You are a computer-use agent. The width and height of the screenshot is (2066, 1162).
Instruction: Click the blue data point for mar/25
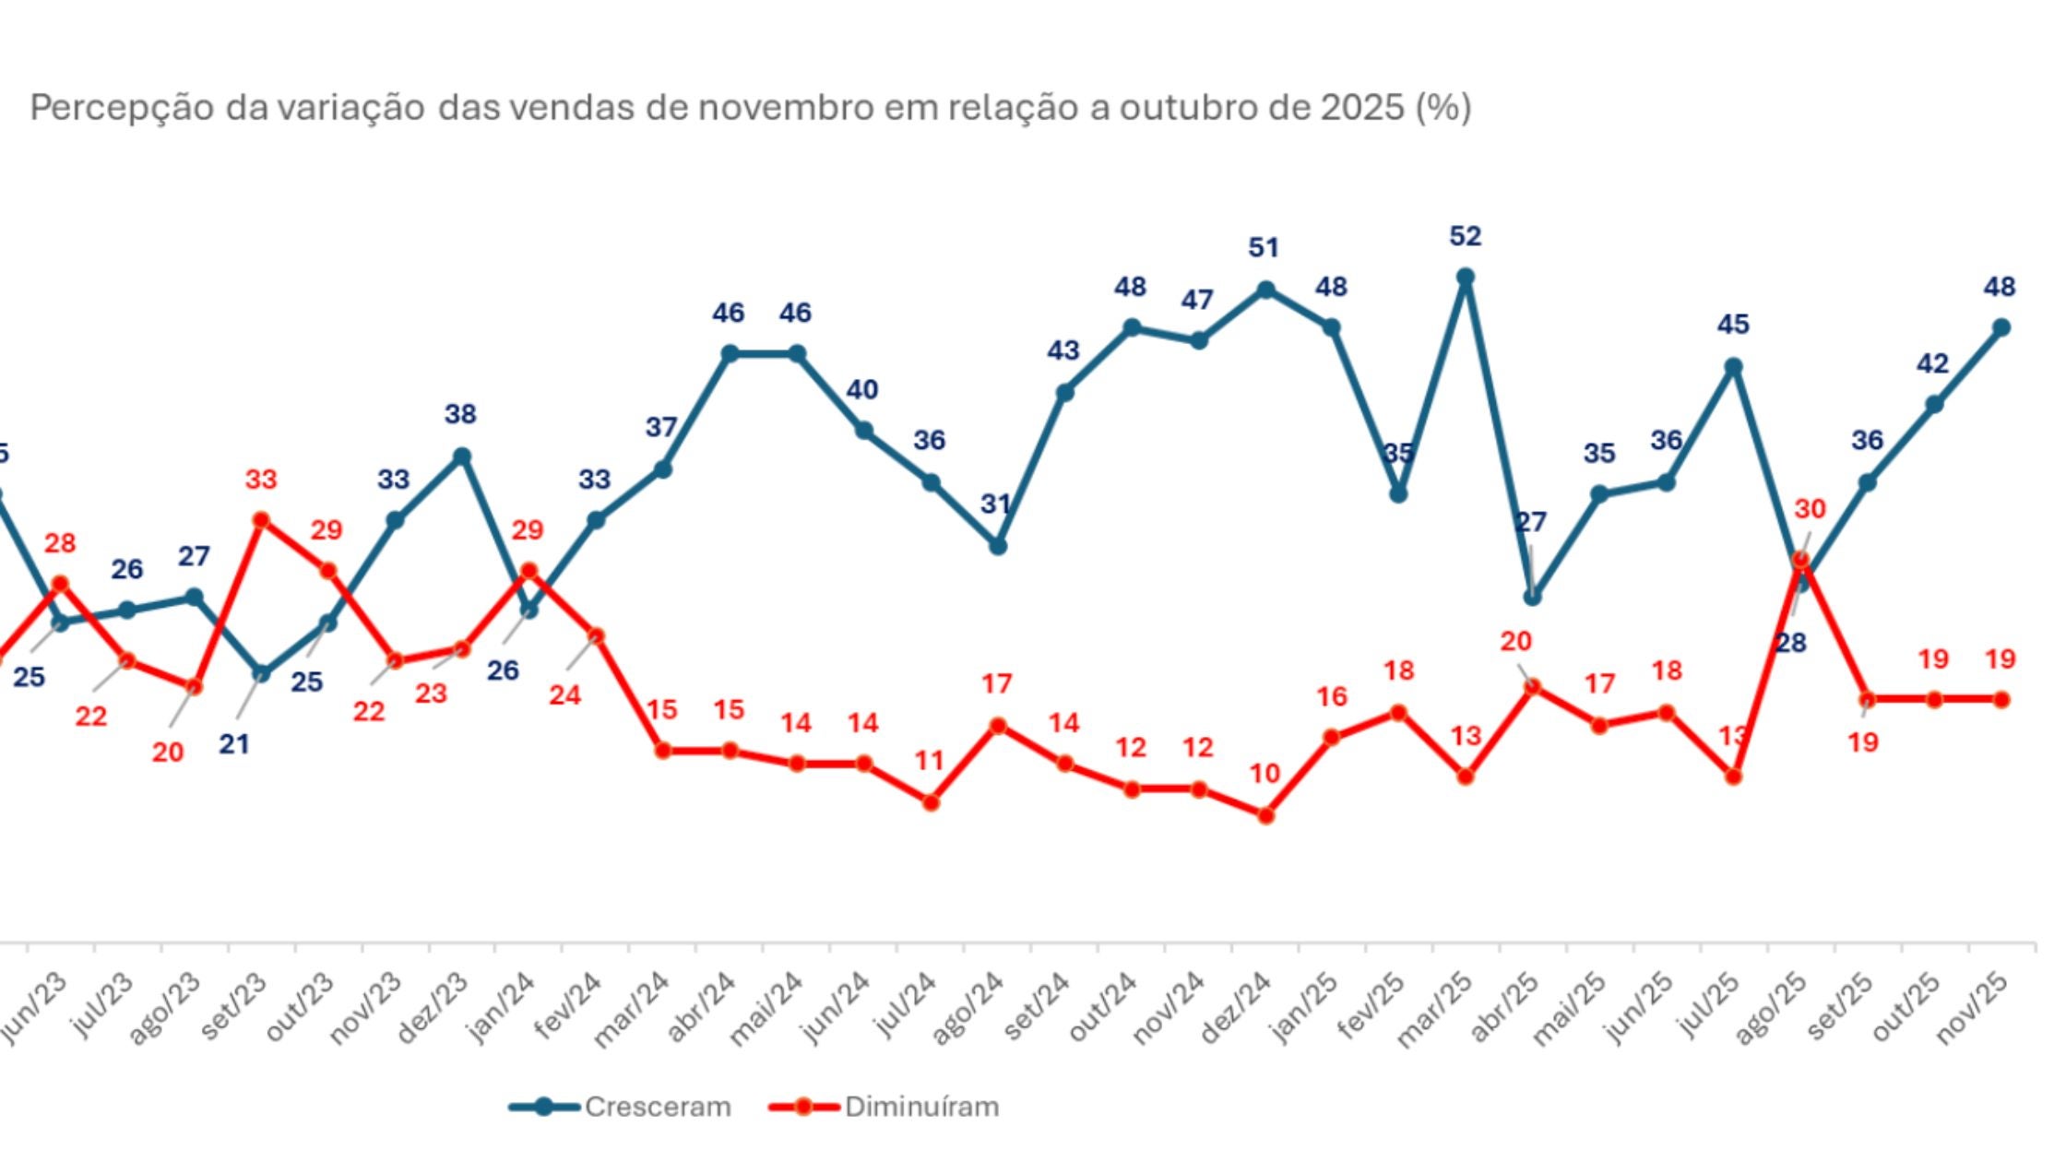(x=1465, y=277)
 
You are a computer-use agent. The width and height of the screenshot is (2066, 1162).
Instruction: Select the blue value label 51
(x=1264, y=248)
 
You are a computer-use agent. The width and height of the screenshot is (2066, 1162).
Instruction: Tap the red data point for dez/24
(x=1265, y=815)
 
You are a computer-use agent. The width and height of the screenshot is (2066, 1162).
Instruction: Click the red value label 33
(x=261, y=480)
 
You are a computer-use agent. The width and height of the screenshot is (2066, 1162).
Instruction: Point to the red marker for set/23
(x=261, y=520)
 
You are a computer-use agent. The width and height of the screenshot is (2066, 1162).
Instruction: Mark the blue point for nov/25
(x=2001, y=327)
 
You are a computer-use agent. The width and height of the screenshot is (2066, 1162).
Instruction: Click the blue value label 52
(x=1465, y=237)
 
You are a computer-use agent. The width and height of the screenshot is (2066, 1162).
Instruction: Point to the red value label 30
(x=1810, y=509)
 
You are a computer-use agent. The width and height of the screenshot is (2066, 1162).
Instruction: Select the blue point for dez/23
(x=463, y=456)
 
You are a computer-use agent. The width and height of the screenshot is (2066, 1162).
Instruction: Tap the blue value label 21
(x=234, y=743)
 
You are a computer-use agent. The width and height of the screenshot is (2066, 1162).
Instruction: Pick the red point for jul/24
(x=931, y=802)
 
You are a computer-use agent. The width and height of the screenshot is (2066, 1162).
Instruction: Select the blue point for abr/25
(x=1532, y=597)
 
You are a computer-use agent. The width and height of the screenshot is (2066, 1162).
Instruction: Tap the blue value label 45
(x=1733, y=325)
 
